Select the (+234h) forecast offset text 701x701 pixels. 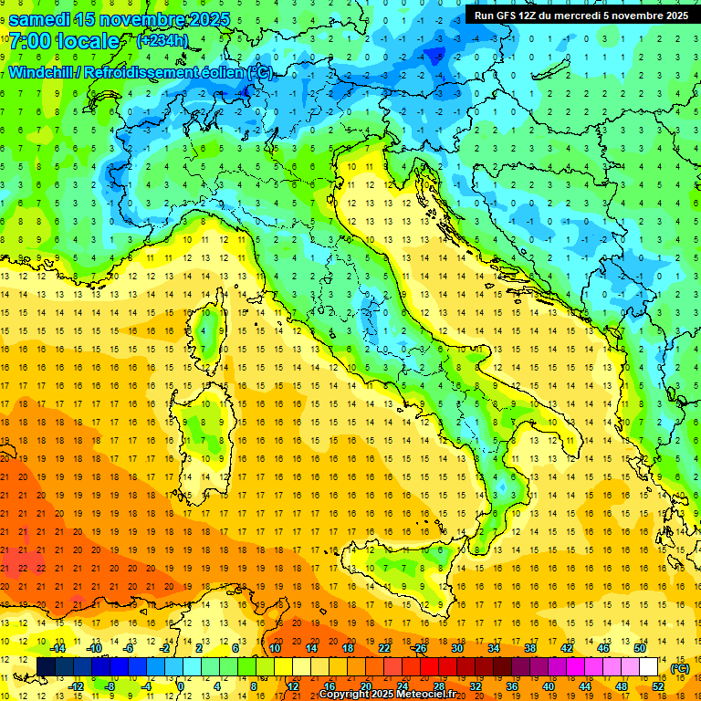[x=162, y=41]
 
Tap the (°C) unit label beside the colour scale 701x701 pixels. [x=679, y=668]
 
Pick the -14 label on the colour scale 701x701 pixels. [x=58, y=648]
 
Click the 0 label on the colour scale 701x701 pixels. [x=181, y=686]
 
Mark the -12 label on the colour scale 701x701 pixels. [x=76, y=686]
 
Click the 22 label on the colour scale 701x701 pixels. [x=384, y=648]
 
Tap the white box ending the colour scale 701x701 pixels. [x=649, y=667]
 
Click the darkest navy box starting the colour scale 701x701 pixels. [x=47, y=667]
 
